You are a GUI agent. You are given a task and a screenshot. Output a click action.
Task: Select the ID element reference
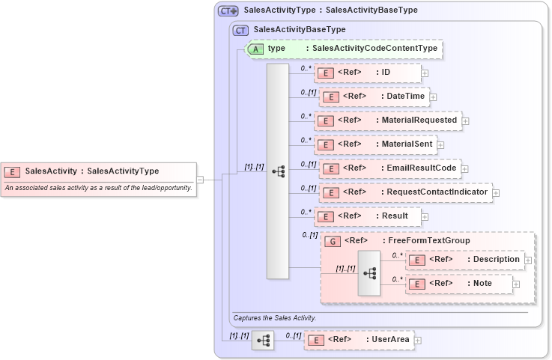click(x=367, y=73)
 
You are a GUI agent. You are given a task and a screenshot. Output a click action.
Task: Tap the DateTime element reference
click(x=373, y=97)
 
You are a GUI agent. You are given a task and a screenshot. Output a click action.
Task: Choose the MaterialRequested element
click(x=388, y=120)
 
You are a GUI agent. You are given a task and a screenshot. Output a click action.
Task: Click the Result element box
click(x=367, y=216)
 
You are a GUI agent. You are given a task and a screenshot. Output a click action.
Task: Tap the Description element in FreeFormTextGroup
click(x=464, y=260)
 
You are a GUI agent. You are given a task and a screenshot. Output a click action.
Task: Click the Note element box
click(x=458, y=284)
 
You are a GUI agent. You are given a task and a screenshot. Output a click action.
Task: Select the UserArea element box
click(x=359, y=340)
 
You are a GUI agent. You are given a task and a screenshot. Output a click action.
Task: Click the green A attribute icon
click(x=256, y=49)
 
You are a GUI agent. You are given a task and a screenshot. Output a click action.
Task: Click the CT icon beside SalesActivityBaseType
click(x=241, y=30)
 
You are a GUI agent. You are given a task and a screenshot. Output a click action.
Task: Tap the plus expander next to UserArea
click(x=418, y=341)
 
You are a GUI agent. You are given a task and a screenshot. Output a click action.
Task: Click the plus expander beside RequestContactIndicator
click(x=496, y=193)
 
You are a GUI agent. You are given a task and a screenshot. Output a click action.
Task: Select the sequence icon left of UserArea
click(x=263, y=340)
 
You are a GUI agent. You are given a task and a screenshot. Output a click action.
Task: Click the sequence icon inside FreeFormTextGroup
click(x=368, y=272)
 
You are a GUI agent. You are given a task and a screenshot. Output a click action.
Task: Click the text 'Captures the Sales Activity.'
click(x=275, y=318)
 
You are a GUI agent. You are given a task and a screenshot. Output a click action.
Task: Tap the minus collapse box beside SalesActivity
click(x=200, y=180)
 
